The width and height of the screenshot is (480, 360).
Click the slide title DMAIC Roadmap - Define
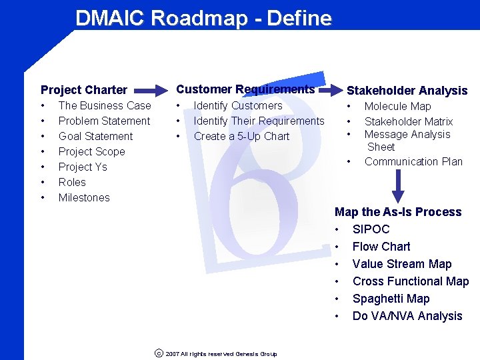(x=203, y=18)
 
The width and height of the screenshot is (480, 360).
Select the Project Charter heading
(x=84, y=90)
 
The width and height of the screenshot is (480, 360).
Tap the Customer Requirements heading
(x=245, y=89)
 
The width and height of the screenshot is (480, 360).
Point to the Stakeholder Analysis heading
(x=407, y=91)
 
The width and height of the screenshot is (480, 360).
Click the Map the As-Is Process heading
(x=398, y=212)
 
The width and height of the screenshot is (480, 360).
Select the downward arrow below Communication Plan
(x=398, y=186)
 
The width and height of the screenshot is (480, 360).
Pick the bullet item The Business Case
(x=105, y=105)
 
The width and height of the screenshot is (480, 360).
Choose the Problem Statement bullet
(x=104, y=121)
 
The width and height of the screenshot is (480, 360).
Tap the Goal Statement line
(x=95, y=136)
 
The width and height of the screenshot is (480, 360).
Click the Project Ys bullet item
(x=83, y=167)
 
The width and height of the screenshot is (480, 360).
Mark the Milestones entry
(x=84, y=197)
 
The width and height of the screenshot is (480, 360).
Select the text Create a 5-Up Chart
(x=241, y=136)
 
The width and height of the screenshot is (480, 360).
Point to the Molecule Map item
(x=397, y=106)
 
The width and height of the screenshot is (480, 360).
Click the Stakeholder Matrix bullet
(x=408, y=121)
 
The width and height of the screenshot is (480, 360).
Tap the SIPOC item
(x=371, y=229)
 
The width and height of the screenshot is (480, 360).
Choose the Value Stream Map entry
(x=401, y=264)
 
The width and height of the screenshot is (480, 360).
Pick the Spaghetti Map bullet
(x=391, y=299)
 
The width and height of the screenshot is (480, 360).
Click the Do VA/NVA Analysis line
(x=407, y=316)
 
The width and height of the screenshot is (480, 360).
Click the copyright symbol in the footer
(x=159, y=354)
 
